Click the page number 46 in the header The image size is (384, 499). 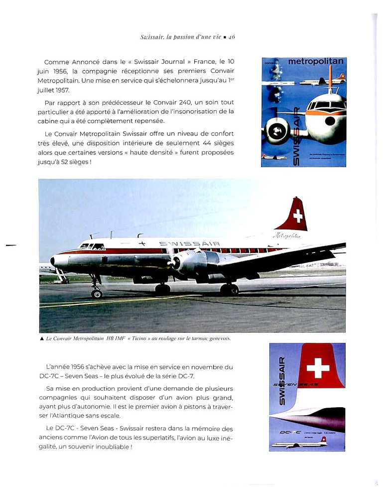coord(231,37)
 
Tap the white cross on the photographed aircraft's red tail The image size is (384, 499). coord(298,216)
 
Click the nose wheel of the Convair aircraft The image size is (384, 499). coord(97,293)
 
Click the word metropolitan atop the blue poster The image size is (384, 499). coord(316,62)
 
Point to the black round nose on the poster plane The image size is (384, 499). coord(330,121)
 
